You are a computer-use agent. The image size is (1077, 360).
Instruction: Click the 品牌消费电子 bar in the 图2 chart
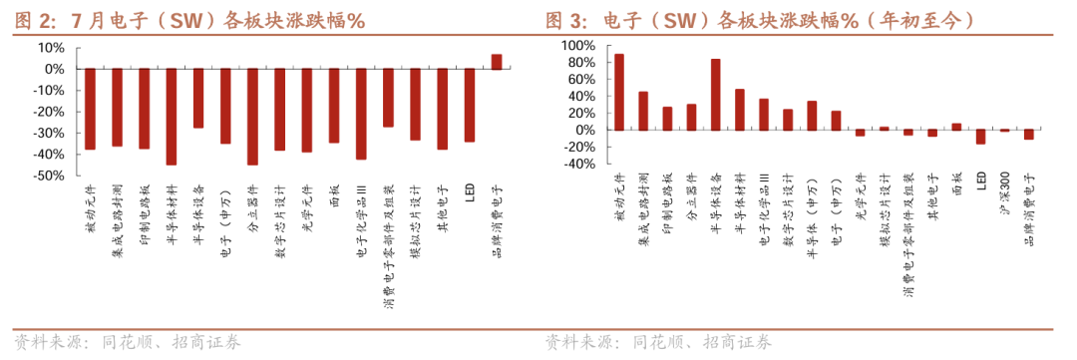point(497,62)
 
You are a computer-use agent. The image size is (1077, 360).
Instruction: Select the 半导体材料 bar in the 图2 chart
point(172,117)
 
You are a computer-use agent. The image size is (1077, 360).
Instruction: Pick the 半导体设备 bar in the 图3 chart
point(715,95)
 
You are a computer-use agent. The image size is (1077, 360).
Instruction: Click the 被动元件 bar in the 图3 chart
point(619,92)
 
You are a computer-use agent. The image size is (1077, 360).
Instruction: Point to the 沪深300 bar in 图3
point(1004,130)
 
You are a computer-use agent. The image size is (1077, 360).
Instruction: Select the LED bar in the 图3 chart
point(980,137)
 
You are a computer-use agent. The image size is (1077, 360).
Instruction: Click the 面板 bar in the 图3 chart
point(956,127)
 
